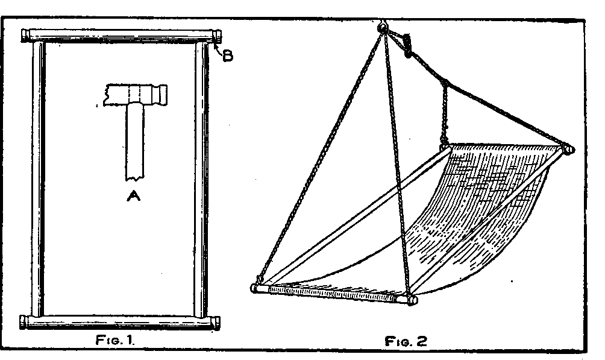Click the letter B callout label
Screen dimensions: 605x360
(x=228, y=57)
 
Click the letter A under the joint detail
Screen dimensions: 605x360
(x=134, y=196)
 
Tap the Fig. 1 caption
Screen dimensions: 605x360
(x=114, y=340)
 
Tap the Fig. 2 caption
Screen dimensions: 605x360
(x=406, y=341)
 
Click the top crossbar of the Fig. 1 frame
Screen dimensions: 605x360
(x=121, y=36)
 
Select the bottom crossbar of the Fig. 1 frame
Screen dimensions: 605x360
(x=120, y=322)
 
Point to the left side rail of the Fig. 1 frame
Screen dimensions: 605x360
(x=38, y=179)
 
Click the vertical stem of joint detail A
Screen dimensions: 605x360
(x=134, y=142)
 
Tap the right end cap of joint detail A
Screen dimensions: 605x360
(x=162, y=95)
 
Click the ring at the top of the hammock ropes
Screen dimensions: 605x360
(x=382, y=27)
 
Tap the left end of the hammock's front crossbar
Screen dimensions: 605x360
(x=255, y=288)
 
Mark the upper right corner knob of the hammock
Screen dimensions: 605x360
(x=569, y=150)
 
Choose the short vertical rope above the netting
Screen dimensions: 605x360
(x=445, y=113)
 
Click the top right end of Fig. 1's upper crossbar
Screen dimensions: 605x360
(x=217, y=36)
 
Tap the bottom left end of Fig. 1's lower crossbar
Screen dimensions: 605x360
(x=24, y=322)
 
